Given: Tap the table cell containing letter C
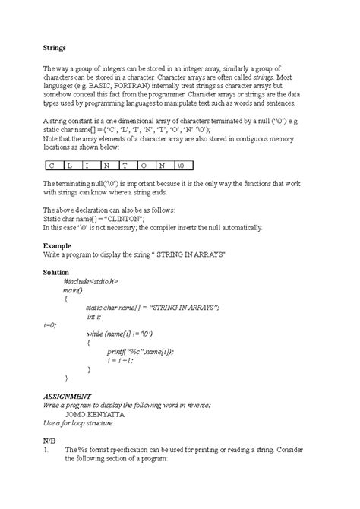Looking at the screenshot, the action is point(51,163).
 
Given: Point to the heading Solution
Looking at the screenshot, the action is point(55,271).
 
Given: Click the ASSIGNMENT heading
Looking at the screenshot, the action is point(68,396).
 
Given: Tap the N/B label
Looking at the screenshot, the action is point(49,438).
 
